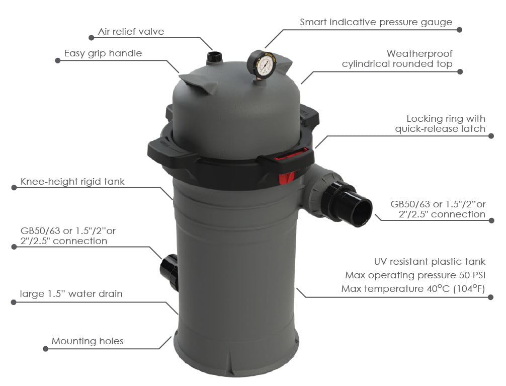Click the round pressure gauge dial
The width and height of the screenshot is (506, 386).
pos(262,63)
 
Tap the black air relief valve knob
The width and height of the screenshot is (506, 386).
pos(214,57)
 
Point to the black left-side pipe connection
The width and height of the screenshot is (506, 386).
pos(169,272)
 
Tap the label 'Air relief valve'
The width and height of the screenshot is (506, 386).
pos(131,32)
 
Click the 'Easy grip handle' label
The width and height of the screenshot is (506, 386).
pos(103,53)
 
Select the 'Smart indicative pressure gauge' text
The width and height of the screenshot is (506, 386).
pos(376,22)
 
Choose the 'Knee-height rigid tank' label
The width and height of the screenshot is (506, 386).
pos(72,182)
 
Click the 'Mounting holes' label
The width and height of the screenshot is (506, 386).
pos(88,341)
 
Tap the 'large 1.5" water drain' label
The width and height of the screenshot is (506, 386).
pos(71,294)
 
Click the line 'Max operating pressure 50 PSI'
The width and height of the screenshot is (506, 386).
pos(415,275)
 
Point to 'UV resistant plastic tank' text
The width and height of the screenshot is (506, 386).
pos(430,261)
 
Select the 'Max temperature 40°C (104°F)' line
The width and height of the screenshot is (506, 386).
pos(413,288)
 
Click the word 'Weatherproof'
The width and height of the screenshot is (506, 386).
pos(419,54)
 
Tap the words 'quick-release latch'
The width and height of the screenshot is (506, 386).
pos(440,129)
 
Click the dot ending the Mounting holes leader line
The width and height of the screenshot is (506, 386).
pos(45,349)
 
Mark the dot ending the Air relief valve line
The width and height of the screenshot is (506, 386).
pos(92,38)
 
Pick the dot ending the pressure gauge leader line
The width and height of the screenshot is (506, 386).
pos(460,30)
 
